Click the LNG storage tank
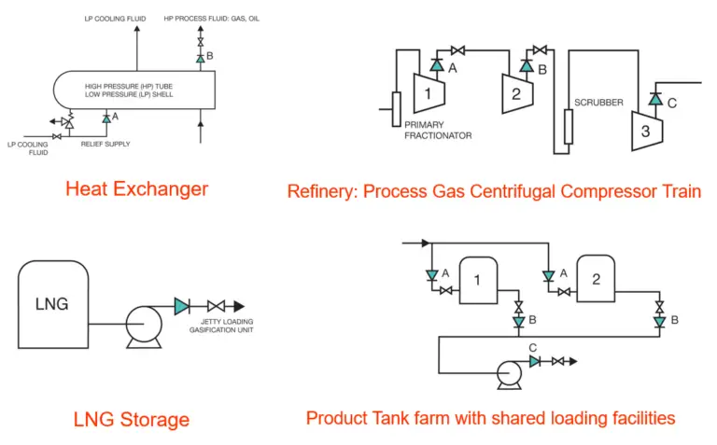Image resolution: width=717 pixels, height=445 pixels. coord(53,304)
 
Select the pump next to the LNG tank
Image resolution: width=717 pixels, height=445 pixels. coord(144,327)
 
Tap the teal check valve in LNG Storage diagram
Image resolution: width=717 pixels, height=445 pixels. coord(182,306)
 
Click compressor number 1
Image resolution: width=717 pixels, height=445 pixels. coord(429,93)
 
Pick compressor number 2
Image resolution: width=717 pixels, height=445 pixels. coord(517,93)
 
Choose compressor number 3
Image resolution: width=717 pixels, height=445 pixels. coord(647,131)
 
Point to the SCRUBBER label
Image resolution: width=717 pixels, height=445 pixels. coord(598,103)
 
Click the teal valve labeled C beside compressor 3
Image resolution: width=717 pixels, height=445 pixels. coord(655,99)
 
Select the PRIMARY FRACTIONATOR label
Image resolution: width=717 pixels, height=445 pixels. coord(438,131)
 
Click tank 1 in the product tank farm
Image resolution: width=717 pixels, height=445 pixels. coord(478,280)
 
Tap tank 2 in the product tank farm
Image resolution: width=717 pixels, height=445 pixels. coord(596,279)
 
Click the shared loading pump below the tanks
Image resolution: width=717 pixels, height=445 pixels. coord(510,375)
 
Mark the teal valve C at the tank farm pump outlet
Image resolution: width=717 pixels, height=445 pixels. coord(535,361)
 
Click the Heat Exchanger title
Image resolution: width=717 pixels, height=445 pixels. coord(136,189)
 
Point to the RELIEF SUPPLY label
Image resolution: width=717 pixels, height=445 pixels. coord(105,144)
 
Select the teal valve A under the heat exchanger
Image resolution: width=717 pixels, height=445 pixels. coord(106,118)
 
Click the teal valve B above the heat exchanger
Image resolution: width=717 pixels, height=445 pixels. coord(201,59)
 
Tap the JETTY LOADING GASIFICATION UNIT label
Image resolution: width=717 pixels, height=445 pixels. coord(221,326)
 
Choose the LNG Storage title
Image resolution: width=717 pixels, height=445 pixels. coord(132,420)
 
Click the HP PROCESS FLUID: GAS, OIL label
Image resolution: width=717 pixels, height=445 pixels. coord(212,19)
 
